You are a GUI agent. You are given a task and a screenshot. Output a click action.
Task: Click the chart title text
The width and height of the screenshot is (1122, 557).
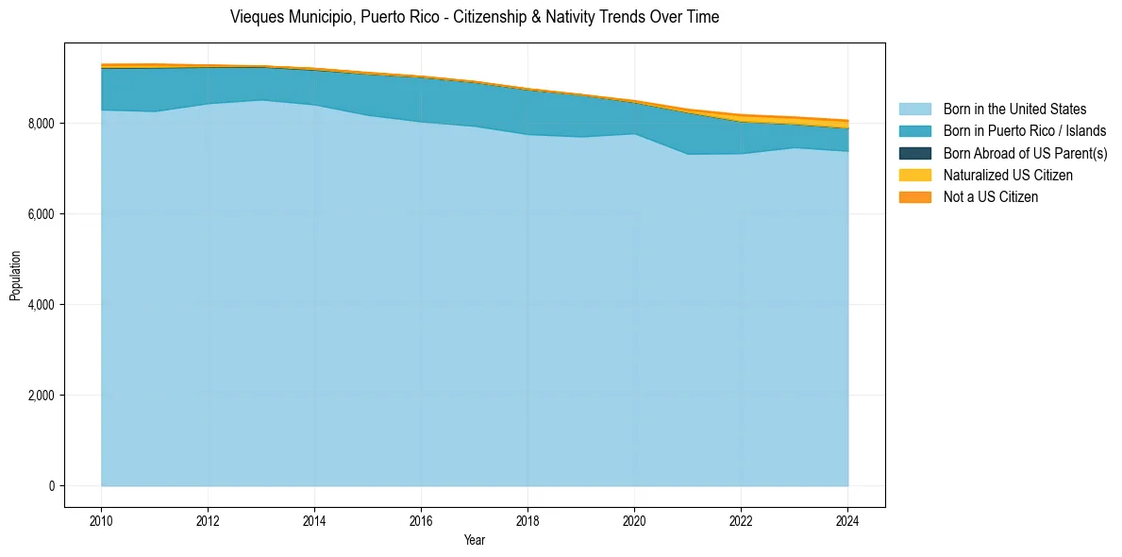475,17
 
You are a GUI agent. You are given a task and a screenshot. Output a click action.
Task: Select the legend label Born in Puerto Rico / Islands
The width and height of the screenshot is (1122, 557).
1025,131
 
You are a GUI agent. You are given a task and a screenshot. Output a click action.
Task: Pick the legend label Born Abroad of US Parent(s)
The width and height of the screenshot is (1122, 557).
1025,153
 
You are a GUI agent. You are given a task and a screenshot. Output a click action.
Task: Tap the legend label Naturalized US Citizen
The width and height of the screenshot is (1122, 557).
1008,175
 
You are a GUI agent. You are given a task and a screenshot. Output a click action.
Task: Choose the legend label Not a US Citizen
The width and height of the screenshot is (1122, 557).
991,196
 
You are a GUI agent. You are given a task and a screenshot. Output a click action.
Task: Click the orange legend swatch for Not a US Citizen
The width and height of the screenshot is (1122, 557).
914,196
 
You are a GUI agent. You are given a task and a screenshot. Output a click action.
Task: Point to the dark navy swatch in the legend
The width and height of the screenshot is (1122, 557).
914,153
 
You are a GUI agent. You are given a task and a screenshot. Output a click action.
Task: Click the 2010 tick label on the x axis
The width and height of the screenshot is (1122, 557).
101,520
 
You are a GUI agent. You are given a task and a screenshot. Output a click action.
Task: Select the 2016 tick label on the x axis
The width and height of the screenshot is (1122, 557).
421,520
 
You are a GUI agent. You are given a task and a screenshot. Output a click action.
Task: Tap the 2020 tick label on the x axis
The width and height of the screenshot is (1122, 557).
634,520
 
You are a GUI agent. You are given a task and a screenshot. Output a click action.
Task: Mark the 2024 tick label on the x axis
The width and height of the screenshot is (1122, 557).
847,520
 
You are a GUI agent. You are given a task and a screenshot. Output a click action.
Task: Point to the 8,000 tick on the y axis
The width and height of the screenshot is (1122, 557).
41,124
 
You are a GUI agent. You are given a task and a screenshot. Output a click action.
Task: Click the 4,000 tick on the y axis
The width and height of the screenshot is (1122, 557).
41,305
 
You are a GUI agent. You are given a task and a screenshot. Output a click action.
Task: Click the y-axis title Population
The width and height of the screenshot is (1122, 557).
15,276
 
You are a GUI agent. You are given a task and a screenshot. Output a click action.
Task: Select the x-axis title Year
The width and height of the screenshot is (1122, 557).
475,540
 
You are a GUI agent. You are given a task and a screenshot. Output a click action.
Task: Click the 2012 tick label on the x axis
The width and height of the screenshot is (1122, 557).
208,520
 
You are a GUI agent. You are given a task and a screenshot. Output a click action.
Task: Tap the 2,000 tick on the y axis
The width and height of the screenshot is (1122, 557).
41,396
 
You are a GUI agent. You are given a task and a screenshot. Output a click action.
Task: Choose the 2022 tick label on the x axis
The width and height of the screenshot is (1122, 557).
741,520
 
